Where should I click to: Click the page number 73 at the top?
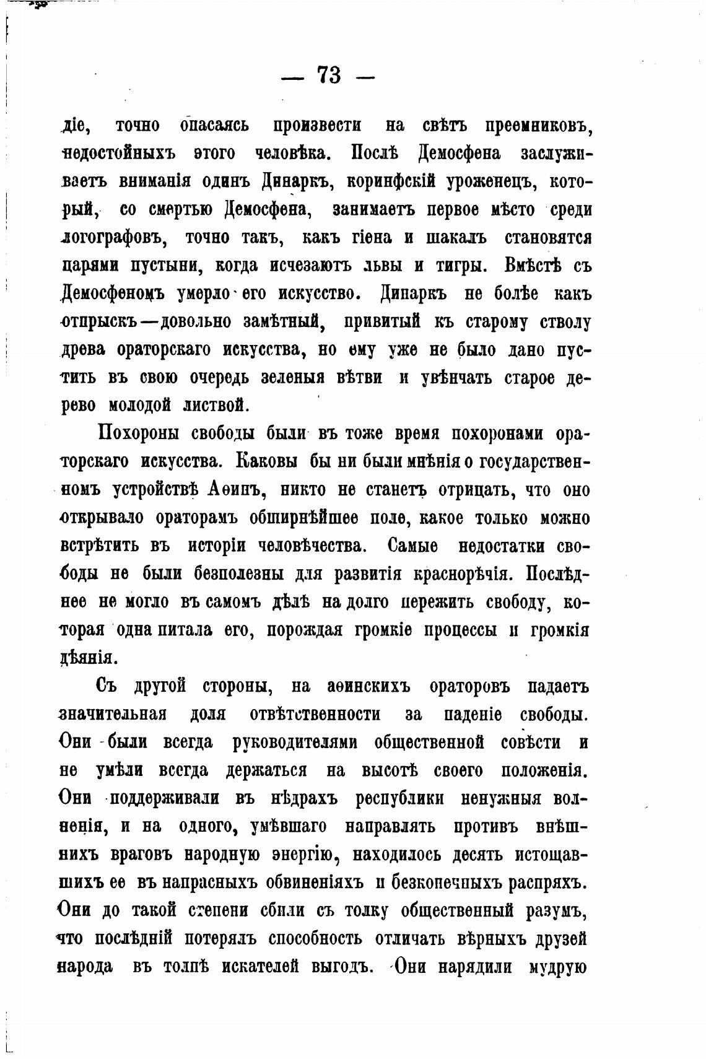coord(329,76)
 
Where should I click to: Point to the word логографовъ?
coord(112,238)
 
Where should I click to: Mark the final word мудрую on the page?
coord(557,967)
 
